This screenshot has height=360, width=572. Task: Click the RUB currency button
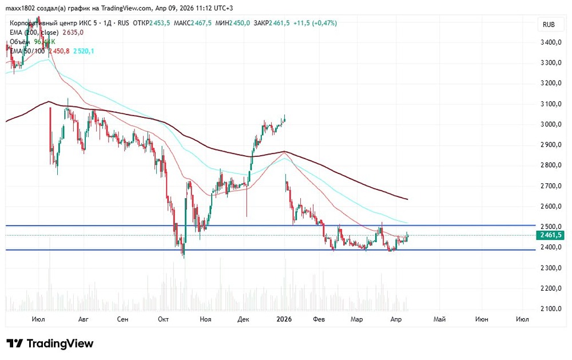(x=549, y=25)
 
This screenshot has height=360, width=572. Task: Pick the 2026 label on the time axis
(x=284, y=319)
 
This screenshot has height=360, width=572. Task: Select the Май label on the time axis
(x=439, y=319)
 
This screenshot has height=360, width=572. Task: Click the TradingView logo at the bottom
(x=50, y=343)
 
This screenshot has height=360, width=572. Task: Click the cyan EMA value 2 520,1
(x=84, y=51)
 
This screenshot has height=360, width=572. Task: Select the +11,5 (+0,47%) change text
(x=315, y=23)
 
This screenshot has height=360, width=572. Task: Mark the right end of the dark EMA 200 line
(x=407, y=199)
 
